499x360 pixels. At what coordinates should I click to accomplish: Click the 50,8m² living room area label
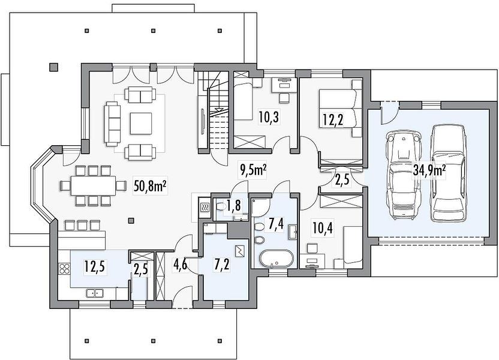pyautogui.click(x=151, y=187)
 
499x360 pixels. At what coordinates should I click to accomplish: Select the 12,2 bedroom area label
pyautogui.click(x=333, y=121)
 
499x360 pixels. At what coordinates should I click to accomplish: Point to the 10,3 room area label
pyautogui.click(x=269, y=117)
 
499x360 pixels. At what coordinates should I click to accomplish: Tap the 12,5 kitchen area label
pyautogui.click(x=95, y=266)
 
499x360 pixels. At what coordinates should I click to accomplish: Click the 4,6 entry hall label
pyautogui.click(x=180, y=265)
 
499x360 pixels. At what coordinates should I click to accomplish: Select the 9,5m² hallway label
pyautogui.click(x=253, y=170)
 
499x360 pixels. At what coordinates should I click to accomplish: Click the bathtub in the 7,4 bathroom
pyautogui.click(x=276, y=258)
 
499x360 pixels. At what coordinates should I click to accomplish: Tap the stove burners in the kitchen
pyautogui.click(x=65, y=268)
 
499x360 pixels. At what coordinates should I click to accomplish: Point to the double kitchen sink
pyautogui.click(x=95, y=293)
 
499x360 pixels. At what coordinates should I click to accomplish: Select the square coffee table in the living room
pyautogui.click(x=140, y=124)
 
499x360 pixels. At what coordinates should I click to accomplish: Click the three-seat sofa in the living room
pyautogui.click(x=112, y=124)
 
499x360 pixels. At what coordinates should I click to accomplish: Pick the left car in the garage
pyautogui.click(x=403, y=175)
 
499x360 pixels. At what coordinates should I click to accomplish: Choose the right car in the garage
pyautogui.click(x=448, y=172)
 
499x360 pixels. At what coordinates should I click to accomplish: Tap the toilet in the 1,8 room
pyautogui.click(x=221, y=207)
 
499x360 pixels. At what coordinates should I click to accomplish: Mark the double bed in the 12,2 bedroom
pyautogui.click(x=341, y=109)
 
